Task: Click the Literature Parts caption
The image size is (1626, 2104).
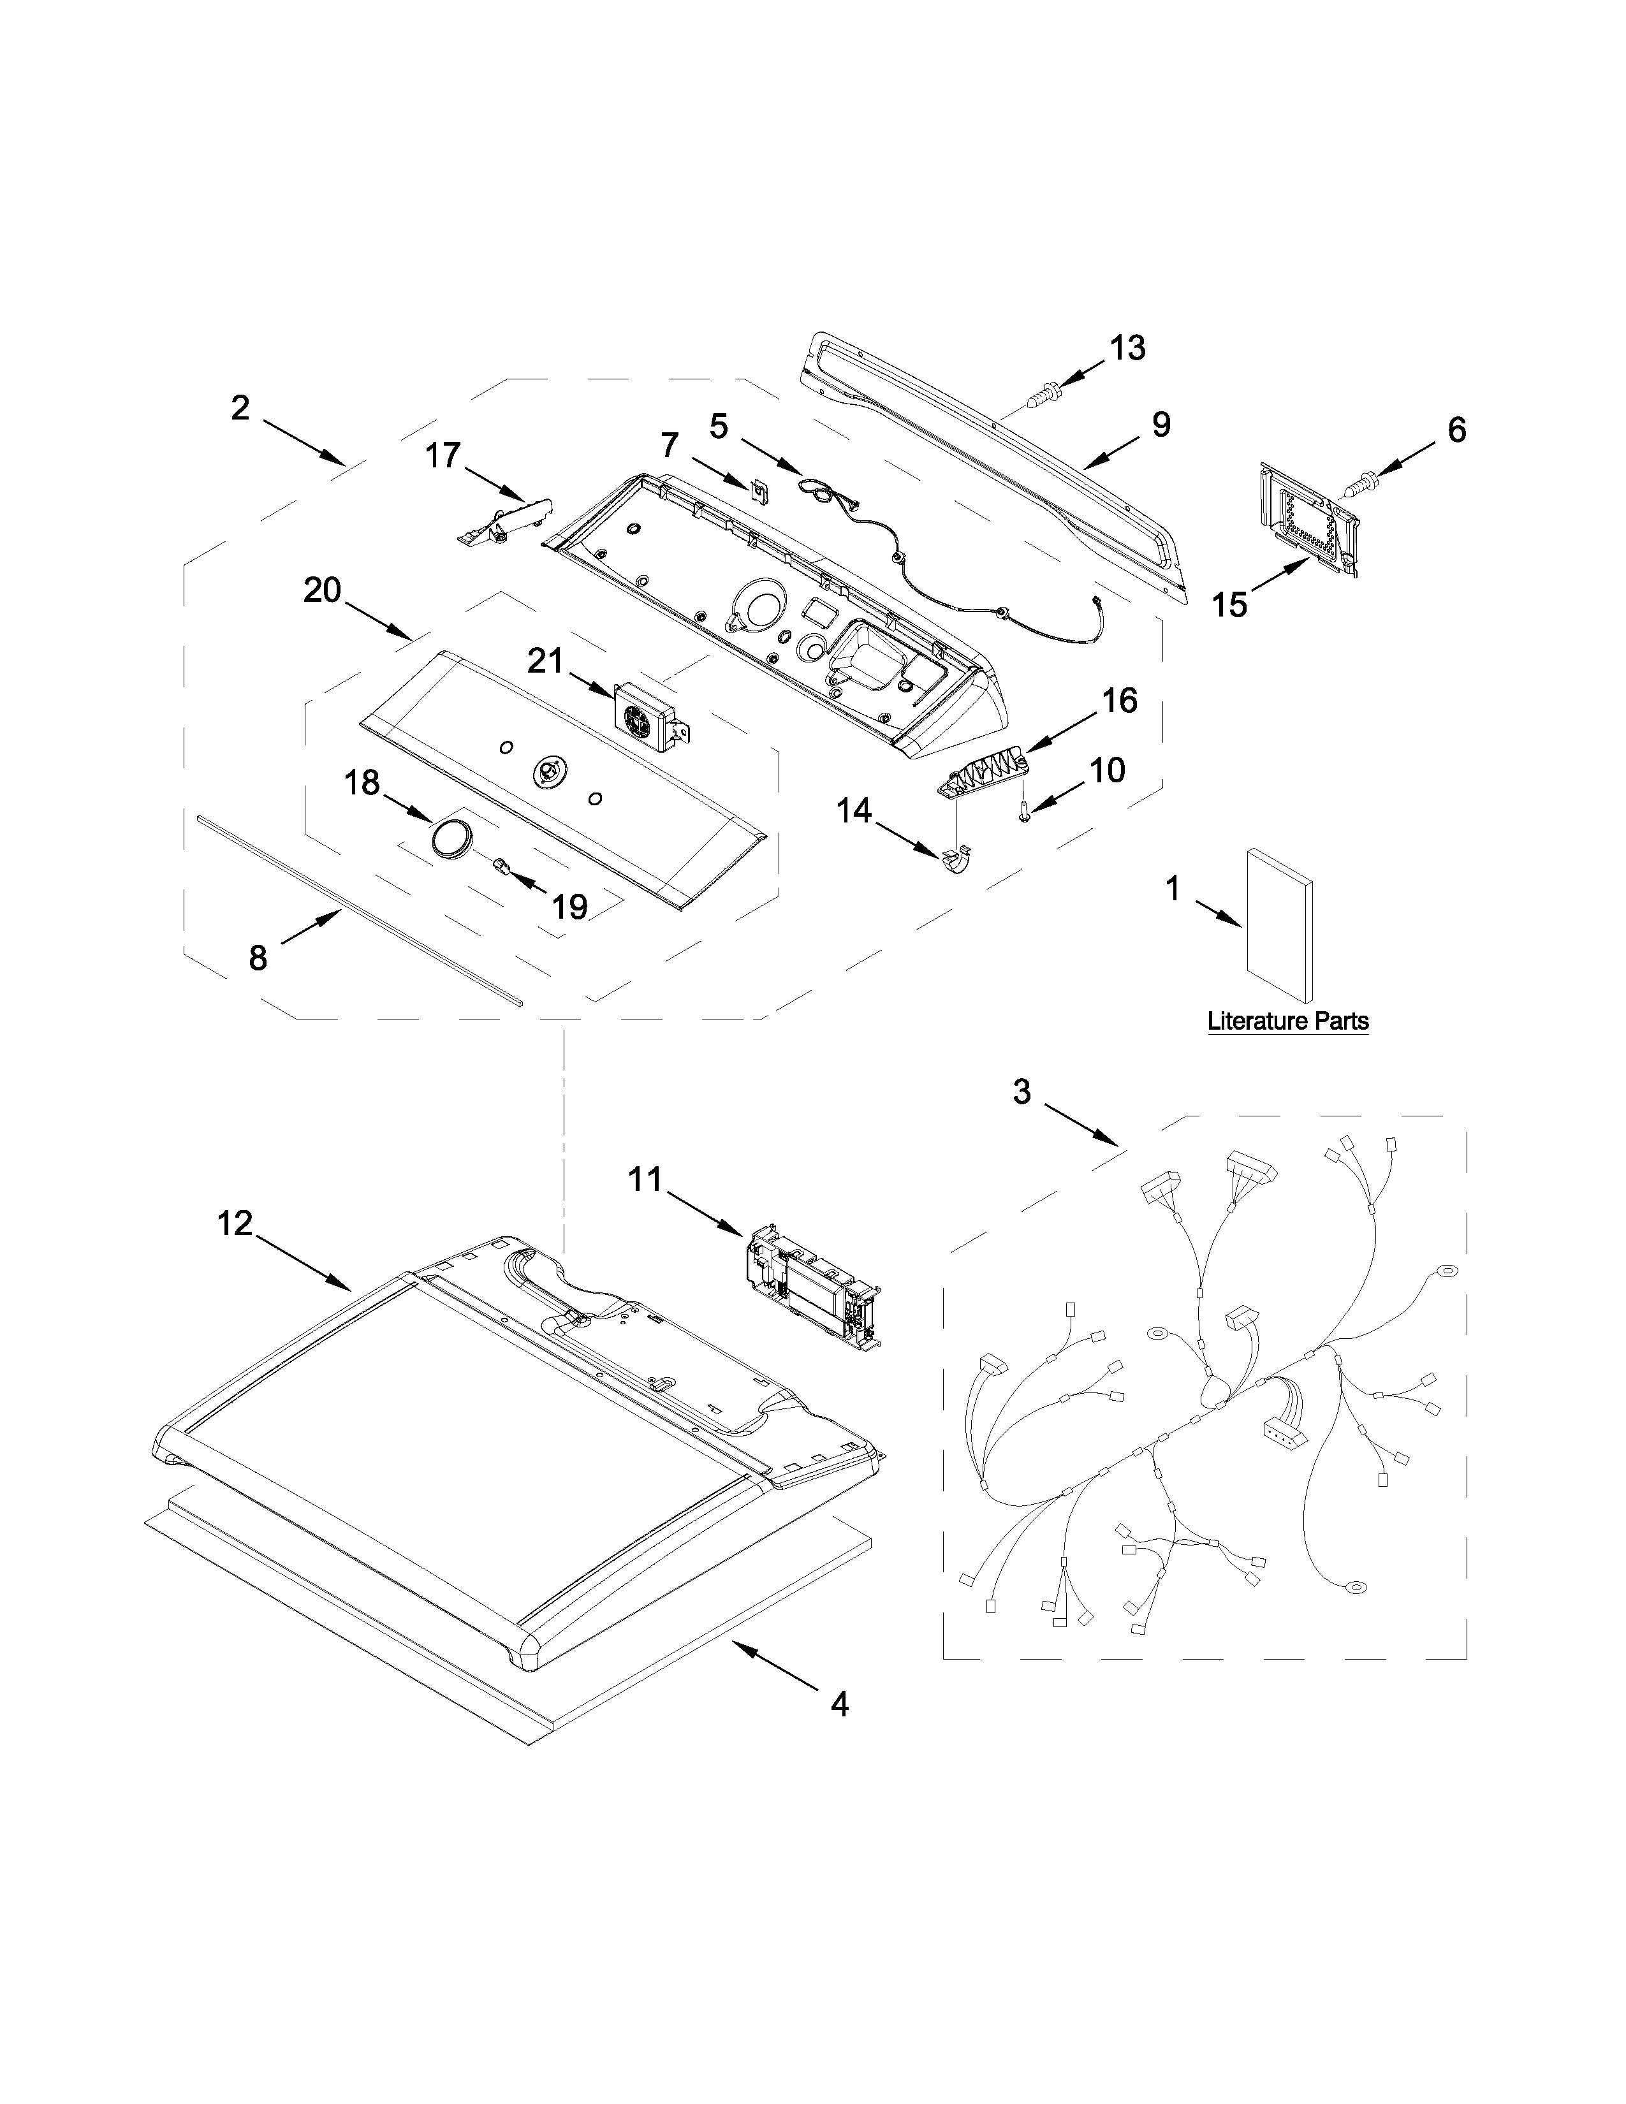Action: coord(1288,1021)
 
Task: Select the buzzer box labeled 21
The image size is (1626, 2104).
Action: coord(648,718)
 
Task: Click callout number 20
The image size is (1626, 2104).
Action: coord(323,590)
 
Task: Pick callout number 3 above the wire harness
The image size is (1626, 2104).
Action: coord(1022,1092)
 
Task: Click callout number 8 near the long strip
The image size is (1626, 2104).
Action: coord(258,958)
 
